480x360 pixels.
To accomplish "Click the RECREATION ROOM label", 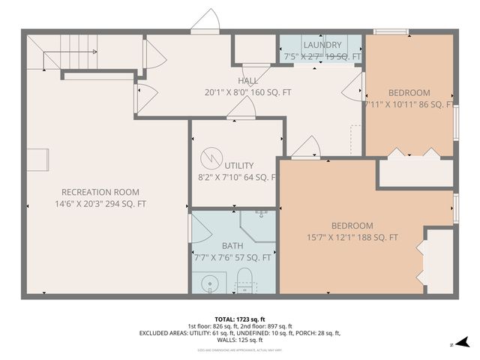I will (x=100, y=191).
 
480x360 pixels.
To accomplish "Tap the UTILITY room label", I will (x=238, y=166).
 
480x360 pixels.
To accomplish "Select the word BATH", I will (x=232, y=245).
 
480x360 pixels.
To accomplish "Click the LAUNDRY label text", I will (x=322, y=45).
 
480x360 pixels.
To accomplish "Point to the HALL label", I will (x=247, y=81).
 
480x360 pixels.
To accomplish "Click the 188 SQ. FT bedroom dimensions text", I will (x=352, y=238).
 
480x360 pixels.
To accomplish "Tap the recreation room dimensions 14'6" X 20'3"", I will (x=100, y=204).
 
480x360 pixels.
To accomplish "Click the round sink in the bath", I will (x=211, y=283).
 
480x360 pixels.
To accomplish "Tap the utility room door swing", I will (x=241, y=109).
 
